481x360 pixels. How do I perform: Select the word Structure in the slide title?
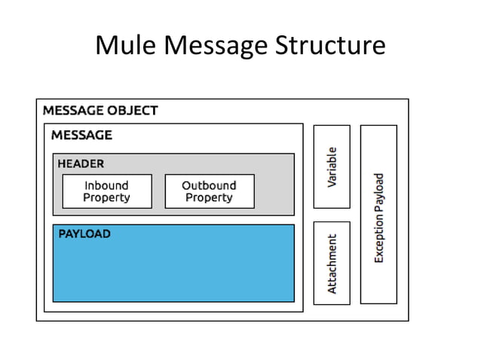point(327,46)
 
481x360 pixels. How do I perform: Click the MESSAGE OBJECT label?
point(100,111)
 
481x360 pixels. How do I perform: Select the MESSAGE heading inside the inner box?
point(81,136)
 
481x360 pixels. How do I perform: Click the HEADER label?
point(81,163)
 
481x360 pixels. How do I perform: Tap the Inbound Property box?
point(106,191)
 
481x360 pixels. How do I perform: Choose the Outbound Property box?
point(209,191)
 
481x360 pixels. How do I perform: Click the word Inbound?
point(106,185)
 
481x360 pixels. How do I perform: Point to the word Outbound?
point(209,185)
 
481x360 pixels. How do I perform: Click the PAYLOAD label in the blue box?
point(84,234)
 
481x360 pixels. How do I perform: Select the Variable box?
point(332,166)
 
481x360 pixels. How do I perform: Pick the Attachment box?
point(332,263)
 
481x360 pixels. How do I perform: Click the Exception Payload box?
point(378,215)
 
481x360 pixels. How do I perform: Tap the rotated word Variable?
point(332,166)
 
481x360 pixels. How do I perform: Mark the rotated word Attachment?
point(332,263)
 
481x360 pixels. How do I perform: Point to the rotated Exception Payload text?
point(379,218)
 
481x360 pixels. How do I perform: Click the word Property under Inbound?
point(106,198)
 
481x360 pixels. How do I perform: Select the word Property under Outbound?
point(209,198)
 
